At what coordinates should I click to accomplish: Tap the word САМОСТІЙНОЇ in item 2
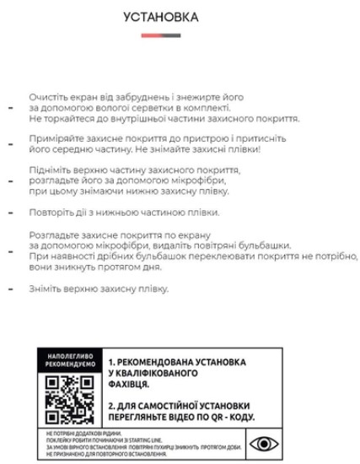click(x=173, y=407)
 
